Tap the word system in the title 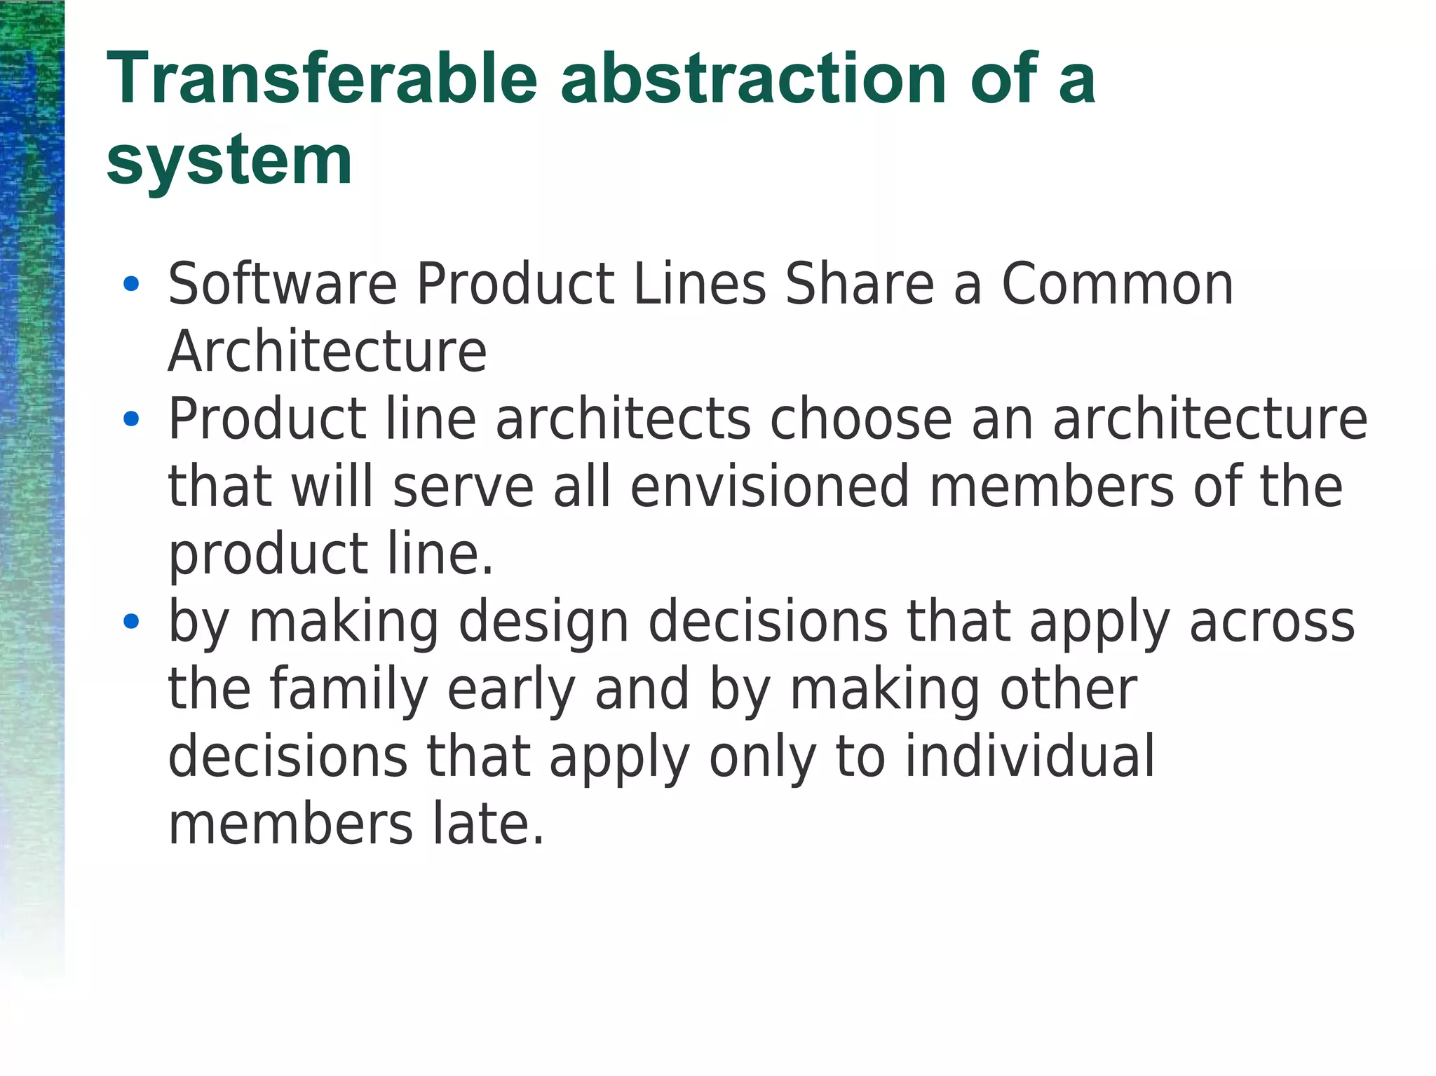point(229,162)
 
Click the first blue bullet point point(130,284)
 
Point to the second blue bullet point point(130,419)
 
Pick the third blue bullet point point(130,621)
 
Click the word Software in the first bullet point(283,284)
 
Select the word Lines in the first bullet point(699,284)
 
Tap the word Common point(1117,284)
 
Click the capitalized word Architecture point(327,351)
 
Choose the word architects point(623,419)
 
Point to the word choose point(861,419)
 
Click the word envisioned point(770,486)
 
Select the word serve point(463,486)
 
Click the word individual point(1029,756)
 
